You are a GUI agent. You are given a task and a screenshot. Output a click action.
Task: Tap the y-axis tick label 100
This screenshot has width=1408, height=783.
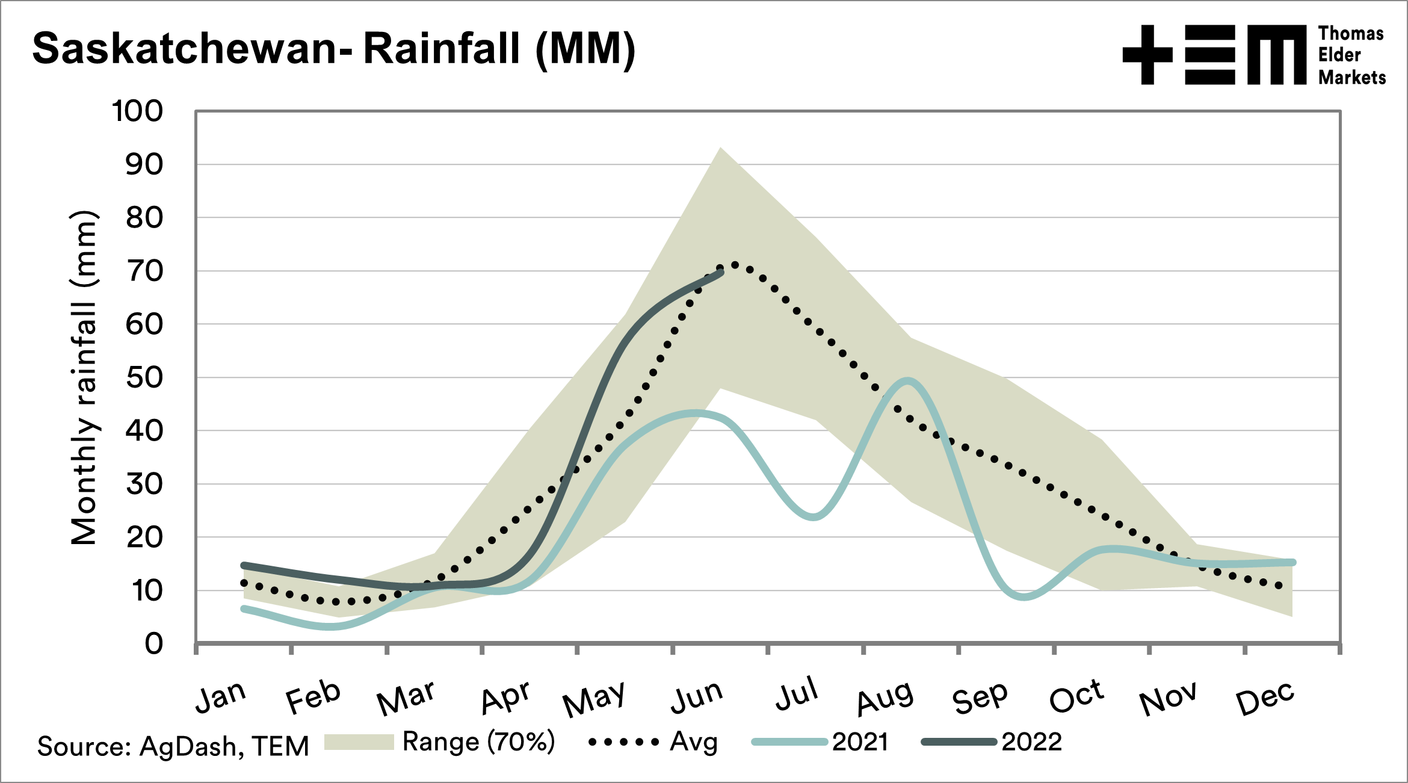[x=138, y=111]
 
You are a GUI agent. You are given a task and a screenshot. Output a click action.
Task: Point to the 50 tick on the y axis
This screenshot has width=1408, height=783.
[x=144, y=378]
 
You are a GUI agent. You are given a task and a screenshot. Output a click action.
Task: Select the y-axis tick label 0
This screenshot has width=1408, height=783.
[x=154, y=644]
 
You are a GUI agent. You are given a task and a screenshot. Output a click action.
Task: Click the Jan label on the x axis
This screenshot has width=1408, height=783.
[x=221, y=697]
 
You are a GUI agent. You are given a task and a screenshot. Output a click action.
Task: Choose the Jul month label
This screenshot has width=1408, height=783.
[x=797, y=693]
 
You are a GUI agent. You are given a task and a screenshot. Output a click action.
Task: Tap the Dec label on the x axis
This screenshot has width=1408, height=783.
[x=1265, y=698]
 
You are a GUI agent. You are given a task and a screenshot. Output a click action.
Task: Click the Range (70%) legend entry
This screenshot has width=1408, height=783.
[x=478, y=741]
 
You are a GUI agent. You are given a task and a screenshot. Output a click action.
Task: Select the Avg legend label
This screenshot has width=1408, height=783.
[x=694, y=741]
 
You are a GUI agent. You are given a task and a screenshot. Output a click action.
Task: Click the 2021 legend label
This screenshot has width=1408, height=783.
[x=860, y=742]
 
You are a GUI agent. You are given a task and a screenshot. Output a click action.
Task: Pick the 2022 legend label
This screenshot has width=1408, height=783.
[x=1031, y=742]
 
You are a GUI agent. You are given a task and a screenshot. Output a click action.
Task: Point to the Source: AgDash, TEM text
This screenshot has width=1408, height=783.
[x=173, y=746]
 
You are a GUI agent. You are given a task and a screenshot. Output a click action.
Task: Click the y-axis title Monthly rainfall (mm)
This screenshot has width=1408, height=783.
[x=84, y=378]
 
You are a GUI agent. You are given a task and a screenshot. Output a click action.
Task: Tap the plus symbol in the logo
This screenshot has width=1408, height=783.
[x=1147, y=55]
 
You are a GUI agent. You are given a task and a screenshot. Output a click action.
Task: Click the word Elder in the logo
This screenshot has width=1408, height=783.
[x=1339, y=55]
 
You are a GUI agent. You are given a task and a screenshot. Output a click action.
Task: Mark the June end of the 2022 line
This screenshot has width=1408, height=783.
[x=721, y=272]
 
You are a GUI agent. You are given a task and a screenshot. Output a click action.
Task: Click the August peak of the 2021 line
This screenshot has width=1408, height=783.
[x=907, y=380]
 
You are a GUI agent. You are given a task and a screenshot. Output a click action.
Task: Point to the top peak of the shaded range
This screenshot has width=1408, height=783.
[x=720, y=148]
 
